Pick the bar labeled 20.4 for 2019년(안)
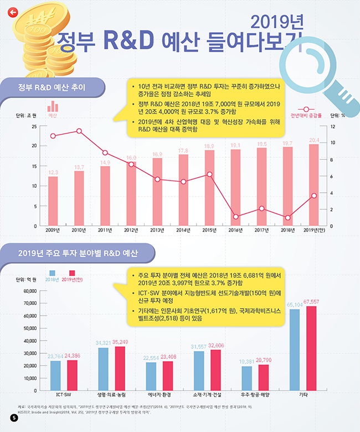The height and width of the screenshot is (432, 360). point(314,185)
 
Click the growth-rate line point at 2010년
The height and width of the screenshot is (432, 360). point(79,131)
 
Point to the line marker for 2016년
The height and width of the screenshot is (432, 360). point(236,217)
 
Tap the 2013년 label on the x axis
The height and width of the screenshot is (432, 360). point(157,230)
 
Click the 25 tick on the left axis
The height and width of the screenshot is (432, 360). point(34,126)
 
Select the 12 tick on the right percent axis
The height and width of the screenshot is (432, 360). point(333,126)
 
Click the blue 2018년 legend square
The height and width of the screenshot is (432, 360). point(53,272)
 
